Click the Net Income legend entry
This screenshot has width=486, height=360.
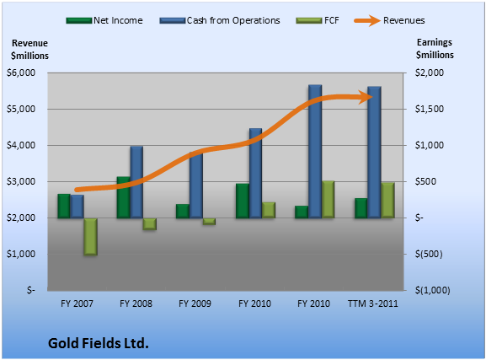click(104, 20)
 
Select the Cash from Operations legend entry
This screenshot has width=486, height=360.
click(220, 20)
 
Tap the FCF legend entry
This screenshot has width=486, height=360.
click(318, 20)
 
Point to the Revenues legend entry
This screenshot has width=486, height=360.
click(389, 20)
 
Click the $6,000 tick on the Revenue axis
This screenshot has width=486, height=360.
click(21, 73)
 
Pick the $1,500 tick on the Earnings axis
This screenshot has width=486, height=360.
click(430, 109)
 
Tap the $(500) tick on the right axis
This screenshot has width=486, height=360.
click(429, 254)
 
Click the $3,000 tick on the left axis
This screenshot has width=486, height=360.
click(21, 181)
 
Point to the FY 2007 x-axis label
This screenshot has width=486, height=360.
click(77, 304)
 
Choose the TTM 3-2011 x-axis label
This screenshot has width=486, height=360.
click(373, 304)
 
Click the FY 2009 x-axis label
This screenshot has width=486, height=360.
click(195, 304)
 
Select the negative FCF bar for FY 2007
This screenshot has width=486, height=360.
click(90, 236)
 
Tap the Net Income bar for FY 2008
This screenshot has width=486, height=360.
click(123, 197)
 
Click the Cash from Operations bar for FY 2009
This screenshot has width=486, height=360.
click(196, 185)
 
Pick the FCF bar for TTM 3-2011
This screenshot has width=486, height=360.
click(387, 200)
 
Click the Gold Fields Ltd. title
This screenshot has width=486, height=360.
click(99, 343)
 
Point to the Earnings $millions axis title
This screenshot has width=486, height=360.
click(435, 48)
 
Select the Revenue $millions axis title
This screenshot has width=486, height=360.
click(29, 50)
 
